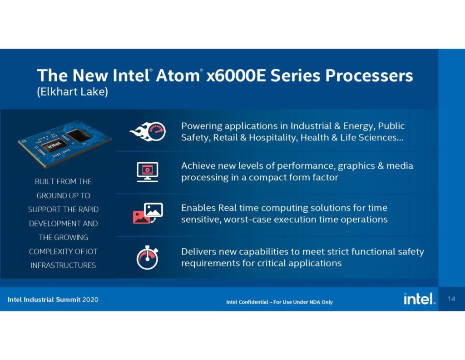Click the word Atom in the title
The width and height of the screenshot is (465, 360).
pos(178,75)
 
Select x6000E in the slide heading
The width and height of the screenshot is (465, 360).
pos(236,75)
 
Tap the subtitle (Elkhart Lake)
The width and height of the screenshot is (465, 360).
pos(72,92)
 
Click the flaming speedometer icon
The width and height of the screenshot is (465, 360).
pos(148,131)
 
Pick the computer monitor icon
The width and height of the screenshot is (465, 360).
pos(148,172)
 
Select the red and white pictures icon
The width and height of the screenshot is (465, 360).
pos(148,213)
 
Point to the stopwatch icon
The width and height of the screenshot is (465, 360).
pos(148,257)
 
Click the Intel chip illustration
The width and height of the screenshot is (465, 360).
pos(64,144)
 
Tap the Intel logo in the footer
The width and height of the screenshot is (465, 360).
pos(419,299)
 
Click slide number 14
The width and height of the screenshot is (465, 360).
pos(451,299)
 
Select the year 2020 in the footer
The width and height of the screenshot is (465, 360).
pos(90,300)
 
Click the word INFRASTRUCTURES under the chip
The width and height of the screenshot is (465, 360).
pos(63,265)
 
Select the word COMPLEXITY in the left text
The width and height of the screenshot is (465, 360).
pos(51,251)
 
